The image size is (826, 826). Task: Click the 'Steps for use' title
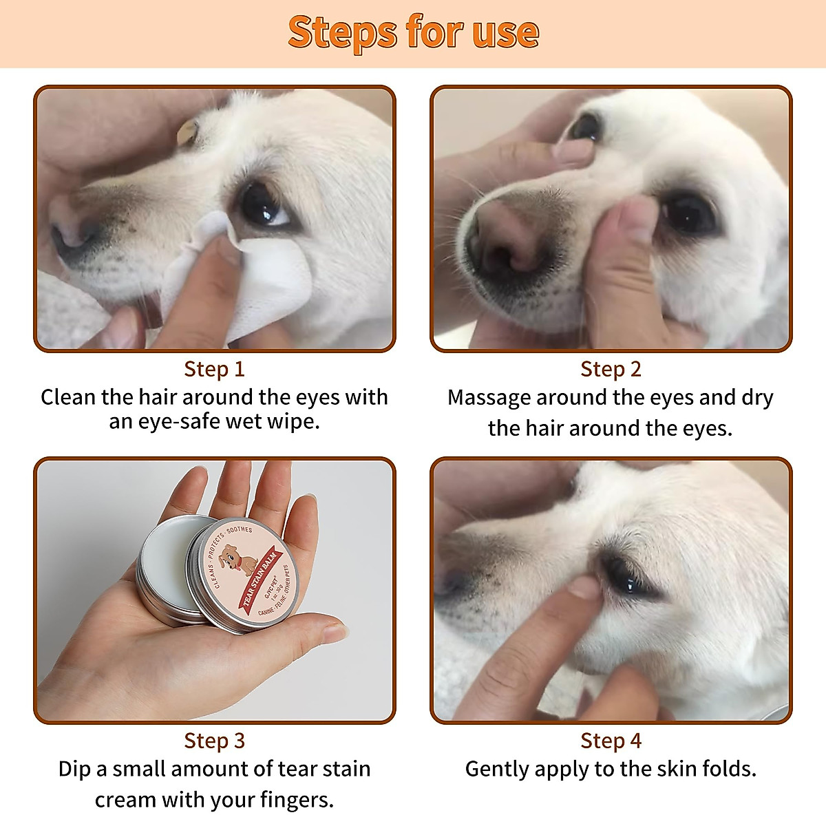point(413,32)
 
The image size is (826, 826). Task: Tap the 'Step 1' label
point(214,369)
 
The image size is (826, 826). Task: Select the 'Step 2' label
point(611,369)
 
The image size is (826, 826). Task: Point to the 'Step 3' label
point(214,741)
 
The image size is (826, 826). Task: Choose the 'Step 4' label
point(611,741)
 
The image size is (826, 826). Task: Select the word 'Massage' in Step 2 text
point(489,398)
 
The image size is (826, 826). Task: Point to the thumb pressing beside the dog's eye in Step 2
point(630,227)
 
